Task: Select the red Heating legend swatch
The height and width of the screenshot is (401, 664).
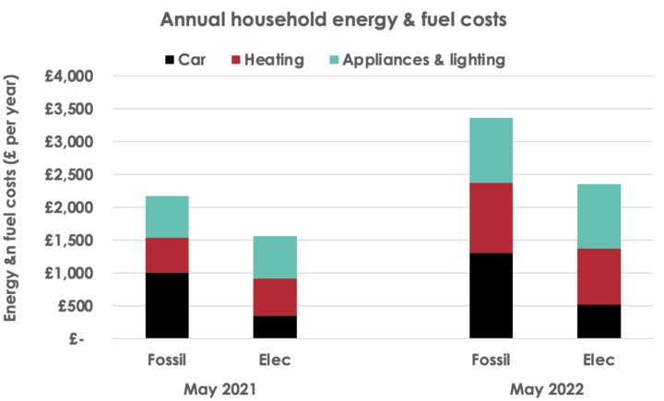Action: point(246,61)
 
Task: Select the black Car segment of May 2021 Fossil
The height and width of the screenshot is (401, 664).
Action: point(166,305)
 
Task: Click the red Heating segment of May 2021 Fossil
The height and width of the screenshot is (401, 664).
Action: point(166,255)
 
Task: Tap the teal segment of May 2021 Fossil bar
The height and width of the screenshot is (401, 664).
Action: point(166,217)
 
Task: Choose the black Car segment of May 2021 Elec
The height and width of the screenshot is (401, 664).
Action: point(274,327)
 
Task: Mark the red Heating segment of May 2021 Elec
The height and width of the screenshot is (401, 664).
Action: point(274,297)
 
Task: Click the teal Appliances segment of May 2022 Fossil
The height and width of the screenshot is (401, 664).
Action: point(491,150)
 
